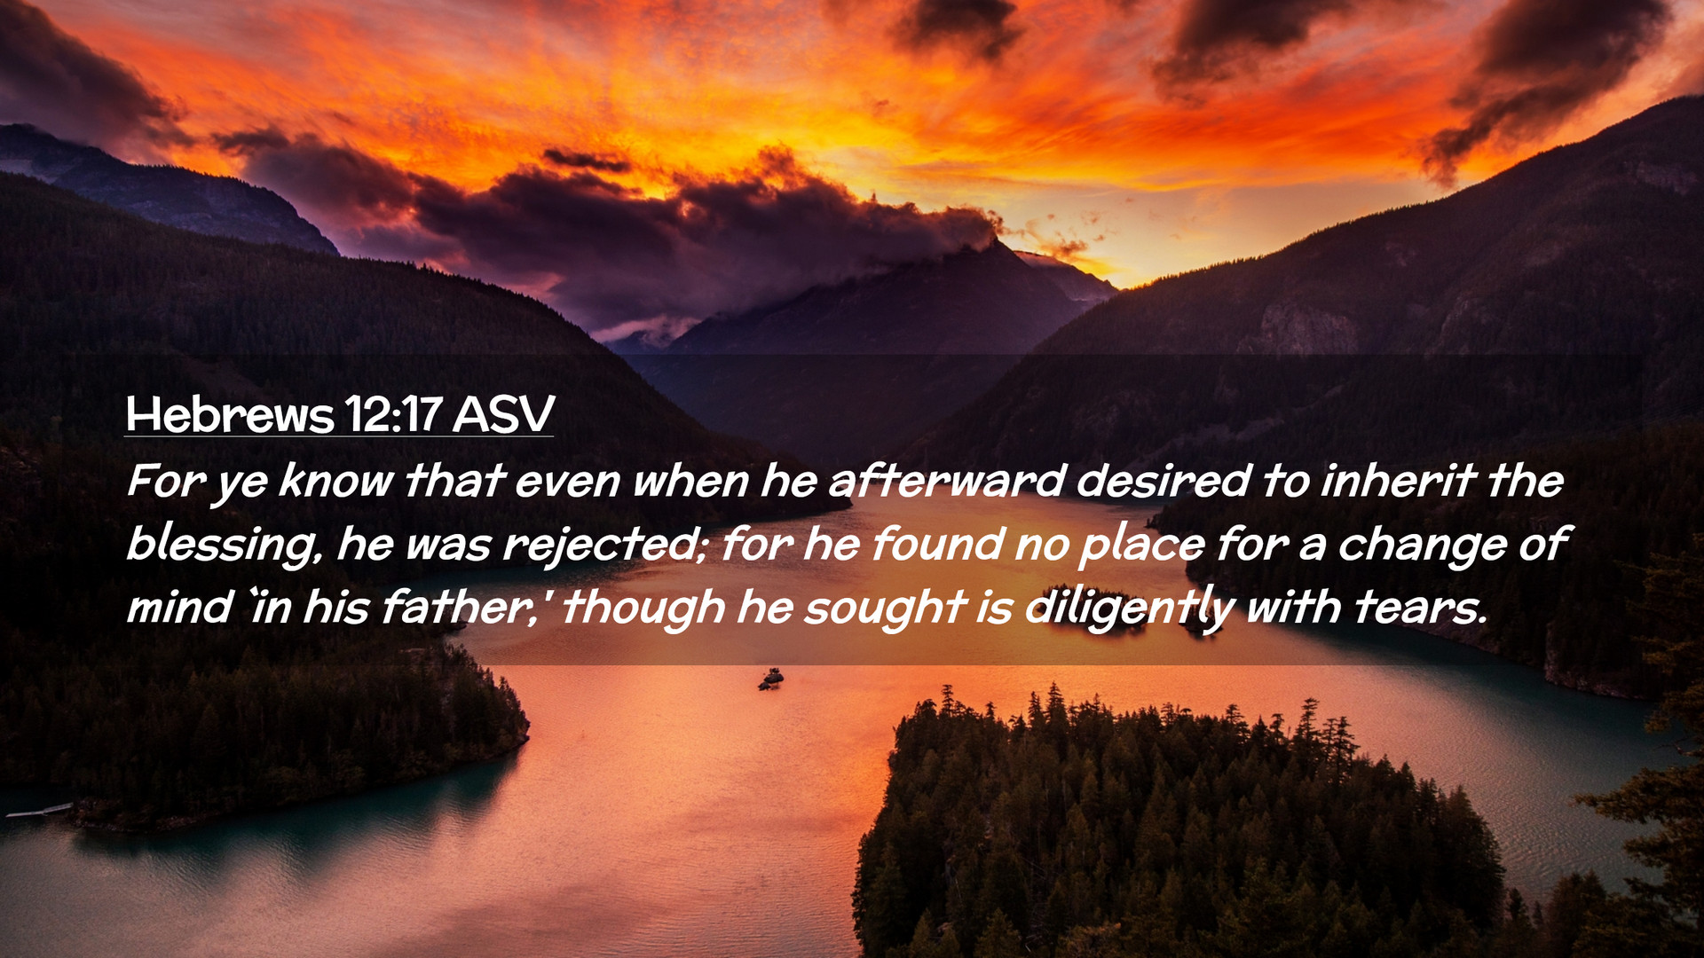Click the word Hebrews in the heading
click(x=230, y=413)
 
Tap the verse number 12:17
click(x=393, y=413)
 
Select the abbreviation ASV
click(x=503, y=413)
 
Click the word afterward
click(x=946, y=481)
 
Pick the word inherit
click(x=1398, y=481)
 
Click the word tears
click(x=1419, y=608)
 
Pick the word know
click(x=336, y=481)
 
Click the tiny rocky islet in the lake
click(x=770, y=679)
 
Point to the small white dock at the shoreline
click(x=38, y=811)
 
